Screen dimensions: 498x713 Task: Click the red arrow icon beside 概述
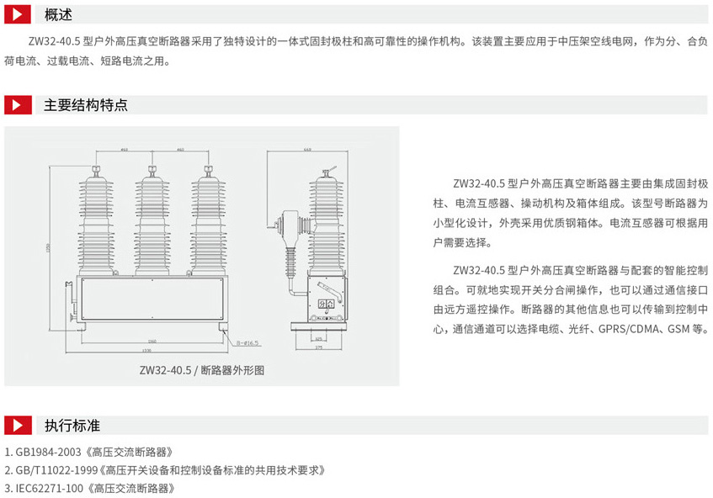19,14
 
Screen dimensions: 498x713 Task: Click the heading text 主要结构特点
86,105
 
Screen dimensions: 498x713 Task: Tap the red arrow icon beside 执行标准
19,425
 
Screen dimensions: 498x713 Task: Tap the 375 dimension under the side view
318,346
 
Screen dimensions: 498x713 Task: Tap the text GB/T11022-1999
55,469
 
